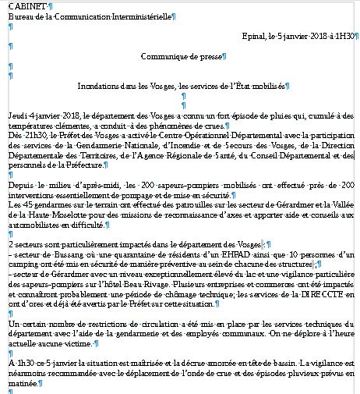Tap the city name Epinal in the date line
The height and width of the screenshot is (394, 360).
tap(254, 36)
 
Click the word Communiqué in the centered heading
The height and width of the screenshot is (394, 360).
tap(166, 56)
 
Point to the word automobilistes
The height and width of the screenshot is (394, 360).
tap(36, 225)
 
